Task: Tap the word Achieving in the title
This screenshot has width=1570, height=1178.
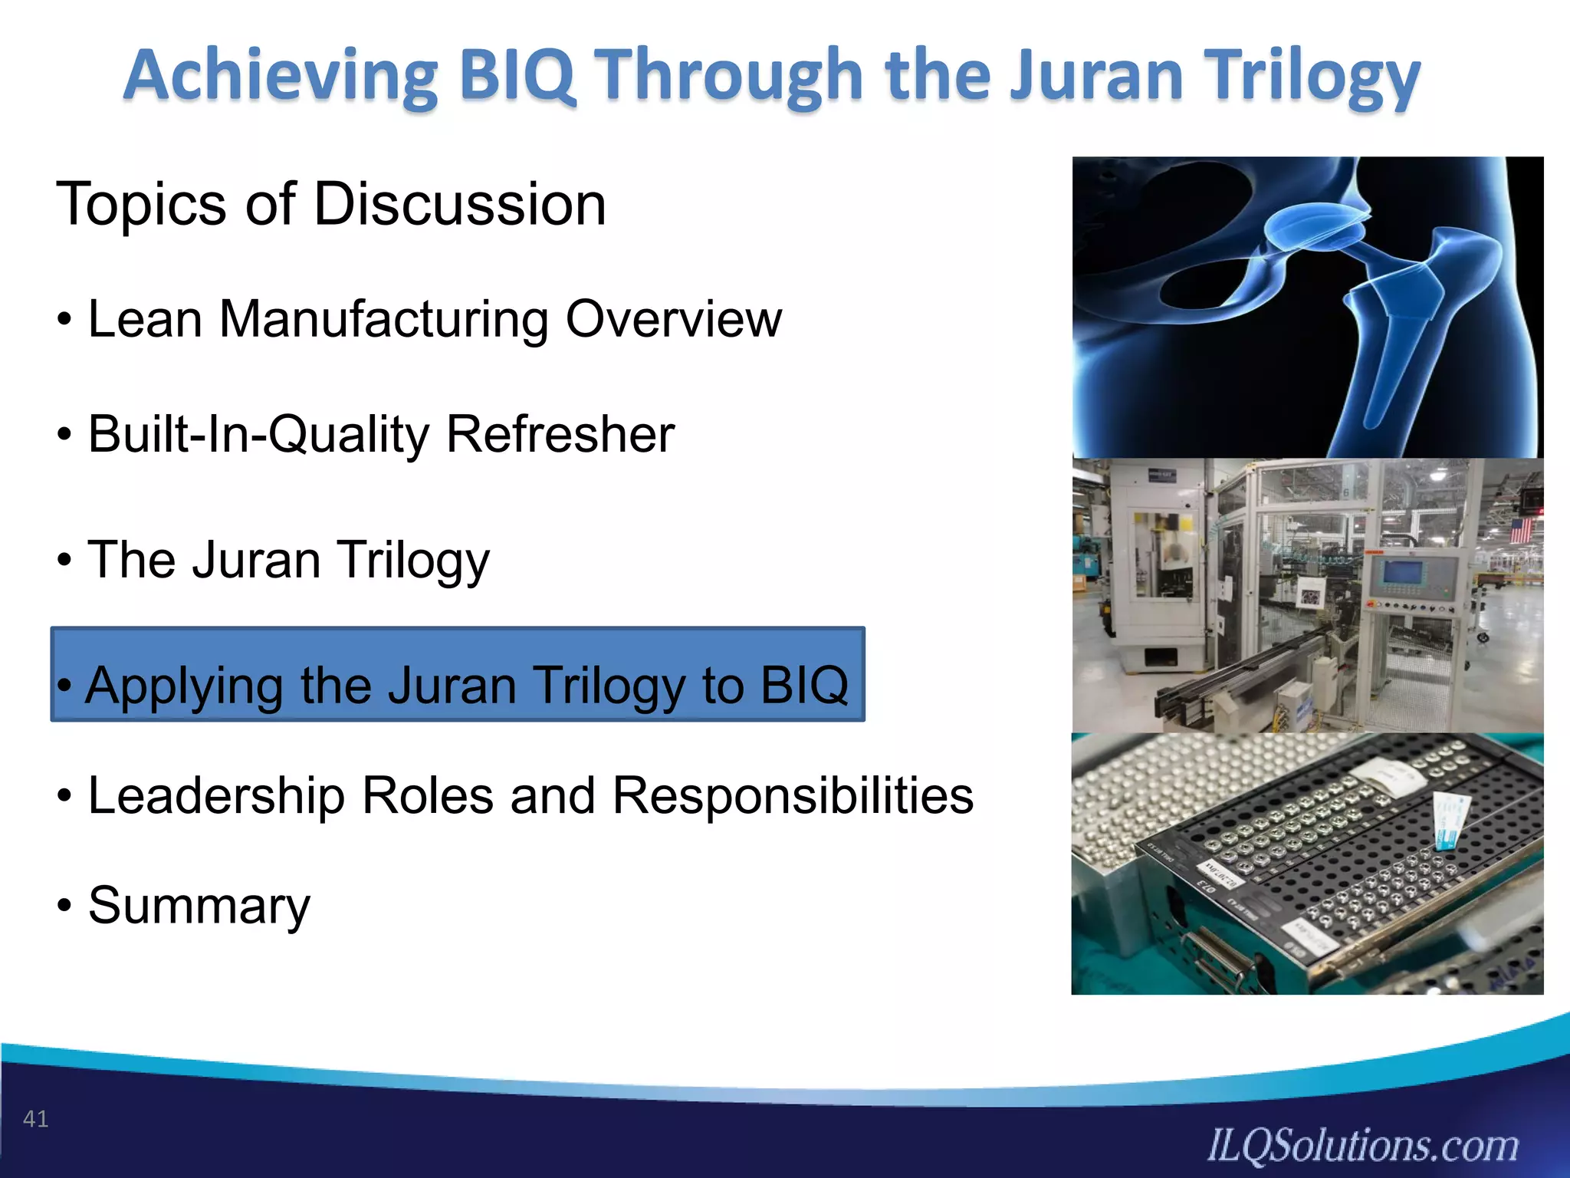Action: (x=281, y=77)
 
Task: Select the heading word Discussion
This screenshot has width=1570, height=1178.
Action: (x=460, y=204)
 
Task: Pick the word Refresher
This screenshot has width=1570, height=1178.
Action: (x=560, y=434)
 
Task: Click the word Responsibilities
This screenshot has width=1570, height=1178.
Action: (x=793, y=795)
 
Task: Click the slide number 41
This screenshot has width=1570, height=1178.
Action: (x=35, y=1119)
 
